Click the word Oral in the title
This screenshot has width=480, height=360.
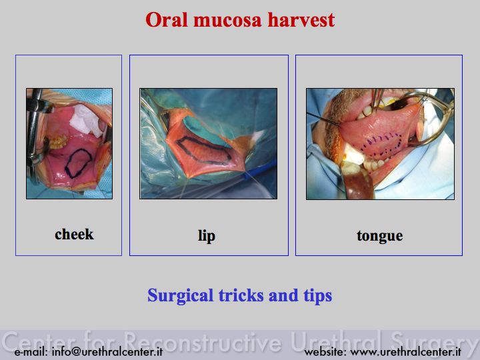point(166,19)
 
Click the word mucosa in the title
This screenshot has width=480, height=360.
point(227,20)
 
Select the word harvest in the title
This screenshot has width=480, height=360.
point(301,20)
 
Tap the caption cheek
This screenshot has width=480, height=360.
point(74,234)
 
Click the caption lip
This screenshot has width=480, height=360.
point(207,236)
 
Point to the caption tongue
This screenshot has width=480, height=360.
point(379,236)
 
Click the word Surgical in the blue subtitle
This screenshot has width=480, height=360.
point(180,296)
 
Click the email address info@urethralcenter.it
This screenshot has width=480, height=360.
point(107,351)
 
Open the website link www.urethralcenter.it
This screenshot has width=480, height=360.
point(405,351)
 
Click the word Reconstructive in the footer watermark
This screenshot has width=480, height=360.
point(203,341)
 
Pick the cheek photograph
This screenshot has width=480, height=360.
point(69,143)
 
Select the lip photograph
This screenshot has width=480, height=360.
point(209,143)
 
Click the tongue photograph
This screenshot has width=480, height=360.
point(380,144)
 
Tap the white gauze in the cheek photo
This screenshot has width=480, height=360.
point(86,120)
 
